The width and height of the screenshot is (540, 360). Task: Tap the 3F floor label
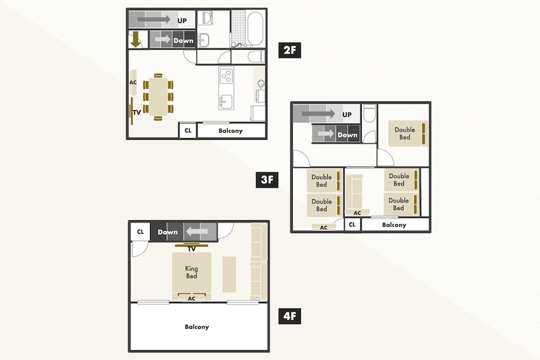tap(267, 179)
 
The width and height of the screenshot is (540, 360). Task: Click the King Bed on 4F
tap(192, 273)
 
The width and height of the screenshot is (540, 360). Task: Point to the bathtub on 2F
tap(255, 28)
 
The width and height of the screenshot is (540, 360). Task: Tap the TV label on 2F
tap(137, 112)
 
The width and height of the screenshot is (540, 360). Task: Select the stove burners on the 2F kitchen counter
tap(226, 76)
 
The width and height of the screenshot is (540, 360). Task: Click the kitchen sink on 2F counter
tap(226, 101)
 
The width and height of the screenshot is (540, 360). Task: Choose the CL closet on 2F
tap(187, 131)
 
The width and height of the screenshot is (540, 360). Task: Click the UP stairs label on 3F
tap(347, 114)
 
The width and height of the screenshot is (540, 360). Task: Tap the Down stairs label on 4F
tap(168, 232)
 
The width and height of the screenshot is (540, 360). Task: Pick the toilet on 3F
tap(369, 114)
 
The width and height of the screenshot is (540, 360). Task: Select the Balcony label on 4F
tap(197, 327)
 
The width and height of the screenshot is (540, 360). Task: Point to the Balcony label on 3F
tap(394, 225)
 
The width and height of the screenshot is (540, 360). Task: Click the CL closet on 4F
tap(140, 232)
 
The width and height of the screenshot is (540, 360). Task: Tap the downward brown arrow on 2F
tap(135, 40)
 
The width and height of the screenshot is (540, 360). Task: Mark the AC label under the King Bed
tap(192, 298)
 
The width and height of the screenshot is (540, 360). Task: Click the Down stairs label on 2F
tap(183, 40)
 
